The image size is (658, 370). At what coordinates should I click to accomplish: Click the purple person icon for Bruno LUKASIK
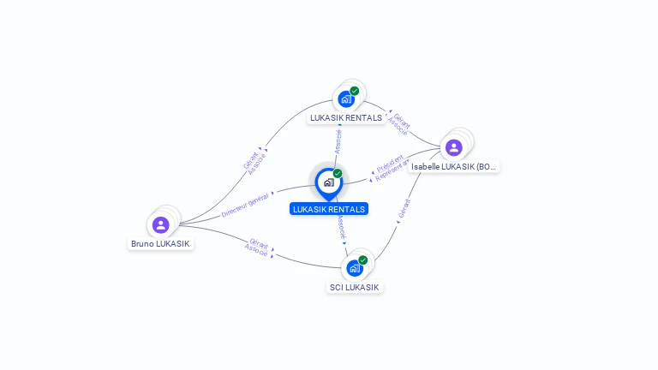tap(160, 224)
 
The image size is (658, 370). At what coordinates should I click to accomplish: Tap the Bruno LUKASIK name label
tap(160, 244)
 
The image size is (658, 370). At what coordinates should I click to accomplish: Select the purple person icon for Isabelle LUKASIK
tap(453, 147)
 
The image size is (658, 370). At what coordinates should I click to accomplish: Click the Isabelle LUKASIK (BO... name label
tap(453, 166)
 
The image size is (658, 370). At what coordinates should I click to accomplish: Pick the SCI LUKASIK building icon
tap(354, 268)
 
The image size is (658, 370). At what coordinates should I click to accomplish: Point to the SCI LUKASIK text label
tap(354, 287)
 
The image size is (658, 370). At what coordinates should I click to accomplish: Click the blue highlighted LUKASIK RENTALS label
tap(329, 209)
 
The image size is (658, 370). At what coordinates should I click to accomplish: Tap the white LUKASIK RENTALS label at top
tap(346, 118)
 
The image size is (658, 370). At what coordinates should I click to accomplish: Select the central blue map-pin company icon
tap(328, 182)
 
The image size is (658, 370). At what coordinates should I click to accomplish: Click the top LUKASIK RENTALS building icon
tap(346, 99)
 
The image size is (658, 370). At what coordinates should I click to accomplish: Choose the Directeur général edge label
tap(246, 206)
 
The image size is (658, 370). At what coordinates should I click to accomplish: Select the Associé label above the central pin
tap(338, 140)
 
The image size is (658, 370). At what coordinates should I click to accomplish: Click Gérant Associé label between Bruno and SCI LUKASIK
tap(257, 247)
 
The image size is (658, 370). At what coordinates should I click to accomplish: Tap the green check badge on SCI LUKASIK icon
tap(362, 260)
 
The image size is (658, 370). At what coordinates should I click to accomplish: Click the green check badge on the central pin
tap(338, 173)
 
